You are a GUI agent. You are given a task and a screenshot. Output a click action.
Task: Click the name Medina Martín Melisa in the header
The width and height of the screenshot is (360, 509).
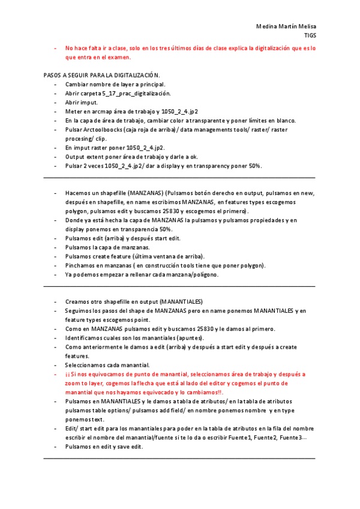tap(286, 27)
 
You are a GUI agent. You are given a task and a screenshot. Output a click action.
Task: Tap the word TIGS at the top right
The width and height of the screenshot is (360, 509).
tap(310, 35)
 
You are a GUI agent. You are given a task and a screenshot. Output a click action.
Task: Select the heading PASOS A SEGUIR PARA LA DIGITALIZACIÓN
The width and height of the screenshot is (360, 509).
tap(102, 76)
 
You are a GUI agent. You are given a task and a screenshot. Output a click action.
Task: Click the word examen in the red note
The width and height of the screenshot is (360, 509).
tap(118, 58)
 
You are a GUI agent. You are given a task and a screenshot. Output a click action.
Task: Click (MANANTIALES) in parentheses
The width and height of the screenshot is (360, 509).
tap(177, 301)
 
